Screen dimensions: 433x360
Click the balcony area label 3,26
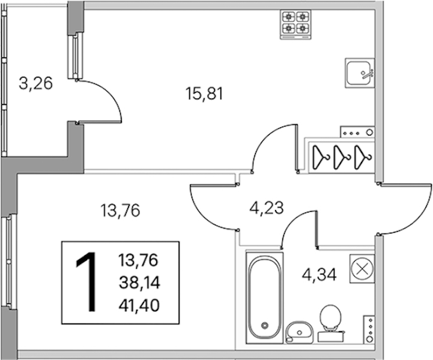pyautogui.click(x=35, y=83)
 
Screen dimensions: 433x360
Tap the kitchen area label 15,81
pyautogui.click(x=204, y=94)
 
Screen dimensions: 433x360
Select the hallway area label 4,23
pyautogui.click(x=267, y=208)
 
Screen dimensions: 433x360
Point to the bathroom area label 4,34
pyautogui.click(x=319, y=274)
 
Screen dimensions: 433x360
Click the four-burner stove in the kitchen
pyautogui.click(x=295, y=24)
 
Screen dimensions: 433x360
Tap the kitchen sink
pyautogui.click(x=360, y=73)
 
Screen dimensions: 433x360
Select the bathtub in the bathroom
pyautogui.click(x=265, y=298)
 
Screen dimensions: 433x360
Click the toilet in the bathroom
pyautogui.click(x=330, y=323)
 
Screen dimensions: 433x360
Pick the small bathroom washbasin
pyautogui.click(x=299, y=332)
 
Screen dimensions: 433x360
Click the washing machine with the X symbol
pyautogui.click(x=362, y=269)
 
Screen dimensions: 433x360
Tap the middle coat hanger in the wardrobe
pyautogui.click(x=342, y=157)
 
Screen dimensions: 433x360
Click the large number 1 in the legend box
pyautogui.click(x=86, y=282)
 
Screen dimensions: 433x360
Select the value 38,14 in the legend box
pyautogui.click(x=139, y=283)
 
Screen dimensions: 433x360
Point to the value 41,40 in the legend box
pyautogui.click(x=139, y=305)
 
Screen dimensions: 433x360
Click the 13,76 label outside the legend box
pyautogui.click(x=120, y=211)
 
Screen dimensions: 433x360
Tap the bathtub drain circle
pyautogui.click(x=265, y=326)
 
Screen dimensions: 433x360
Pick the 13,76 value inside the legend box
pyautogui.click(x=138, y=260)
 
